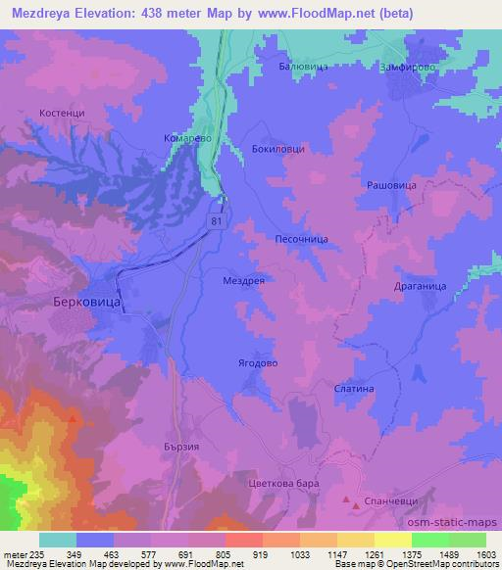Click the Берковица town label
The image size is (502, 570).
tap(85, 305)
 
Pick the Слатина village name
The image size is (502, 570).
tap(354, 388)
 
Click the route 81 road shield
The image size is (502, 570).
tap(215, 223)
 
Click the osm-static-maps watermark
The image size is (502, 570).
tap(463, 522)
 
